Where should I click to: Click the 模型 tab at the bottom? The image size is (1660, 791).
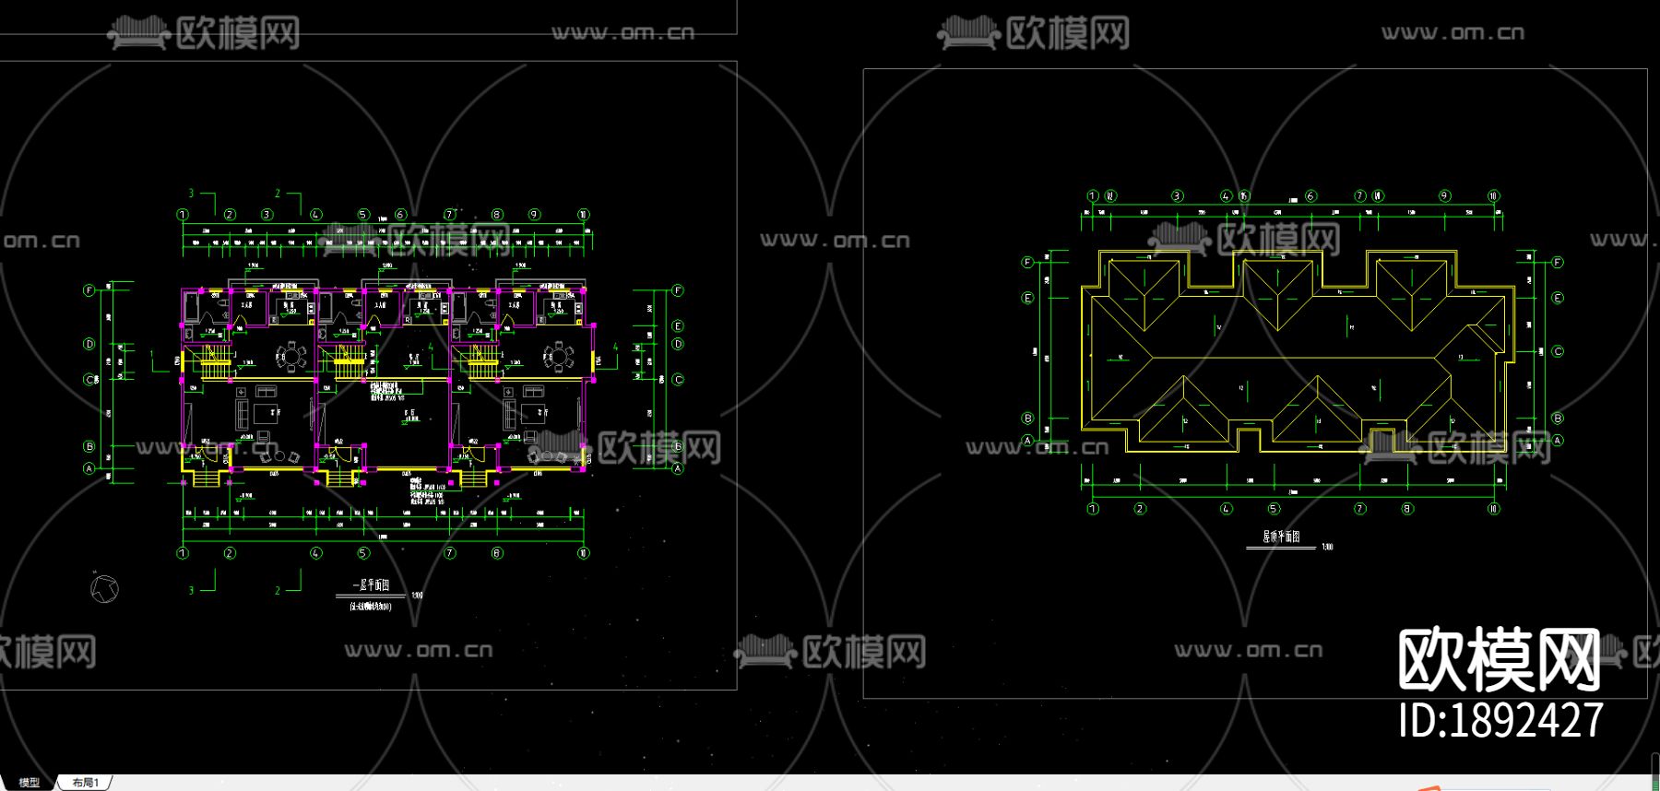pos(30,782)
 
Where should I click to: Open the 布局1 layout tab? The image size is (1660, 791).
pos(86,783)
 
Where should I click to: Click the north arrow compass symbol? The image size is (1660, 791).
pos(105,588)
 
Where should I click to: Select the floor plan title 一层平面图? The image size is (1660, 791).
pos(371,585)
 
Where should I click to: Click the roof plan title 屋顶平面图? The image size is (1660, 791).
pos(1281,537)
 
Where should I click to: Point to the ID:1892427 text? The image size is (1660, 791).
pos(1500,720)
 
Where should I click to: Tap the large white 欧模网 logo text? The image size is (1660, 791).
pos(1499,659)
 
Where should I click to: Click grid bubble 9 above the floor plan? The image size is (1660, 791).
pos(534,215)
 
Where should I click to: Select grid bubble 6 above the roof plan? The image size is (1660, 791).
pos(1310,196)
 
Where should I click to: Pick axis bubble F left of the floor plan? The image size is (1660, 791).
pos(89,290)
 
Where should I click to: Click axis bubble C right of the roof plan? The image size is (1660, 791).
pos(1558,351)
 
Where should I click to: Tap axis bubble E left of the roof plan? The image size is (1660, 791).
pos(1027,298)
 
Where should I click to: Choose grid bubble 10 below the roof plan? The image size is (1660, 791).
pos(1493,508)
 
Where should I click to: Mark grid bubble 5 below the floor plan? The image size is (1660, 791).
pos(363,553)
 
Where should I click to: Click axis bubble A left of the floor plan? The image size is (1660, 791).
pos(89,468)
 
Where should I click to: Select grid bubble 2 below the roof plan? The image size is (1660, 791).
pos(1140,508)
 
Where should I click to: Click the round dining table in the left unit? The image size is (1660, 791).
pos(292,356)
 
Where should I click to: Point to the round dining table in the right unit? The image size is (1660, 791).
pos(558,356)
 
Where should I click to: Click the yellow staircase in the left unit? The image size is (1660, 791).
pos(216,362)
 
